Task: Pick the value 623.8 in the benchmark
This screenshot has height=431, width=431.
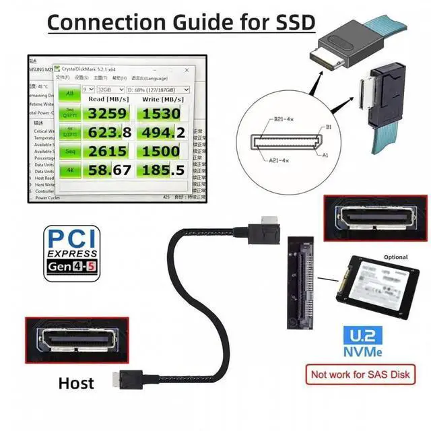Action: [108, 132]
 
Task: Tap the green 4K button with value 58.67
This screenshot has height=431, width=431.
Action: [68, 171]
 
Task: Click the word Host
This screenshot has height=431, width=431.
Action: [76, 383]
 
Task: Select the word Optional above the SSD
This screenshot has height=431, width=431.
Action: [395, 257]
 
